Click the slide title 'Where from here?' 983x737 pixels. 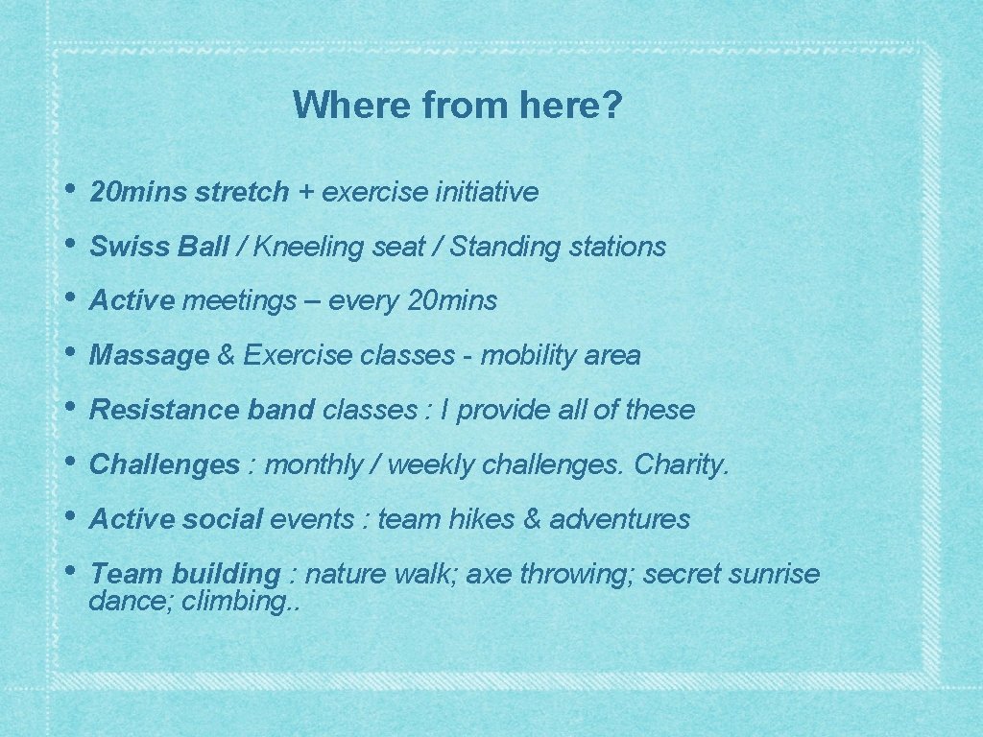(458, 105)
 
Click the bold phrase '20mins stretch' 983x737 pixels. (188, 193)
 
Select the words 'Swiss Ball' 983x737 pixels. (158, 248)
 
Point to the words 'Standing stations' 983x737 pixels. (558, 248)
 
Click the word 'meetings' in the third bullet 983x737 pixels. (240, 301)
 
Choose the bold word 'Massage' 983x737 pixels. (149, 356)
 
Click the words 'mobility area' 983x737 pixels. (560, 356)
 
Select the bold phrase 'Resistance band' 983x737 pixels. (202, 411)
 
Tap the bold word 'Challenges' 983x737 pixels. (164, 465)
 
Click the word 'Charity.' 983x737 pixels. (683, 465)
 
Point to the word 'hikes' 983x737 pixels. (483, 520)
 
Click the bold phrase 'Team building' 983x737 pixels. (183, 575)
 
